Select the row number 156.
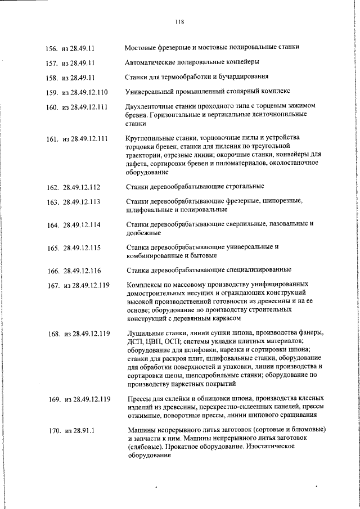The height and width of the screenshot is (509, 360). tap(52, 48)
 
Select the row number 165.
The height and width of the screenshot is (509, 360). tap(53, 247)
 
